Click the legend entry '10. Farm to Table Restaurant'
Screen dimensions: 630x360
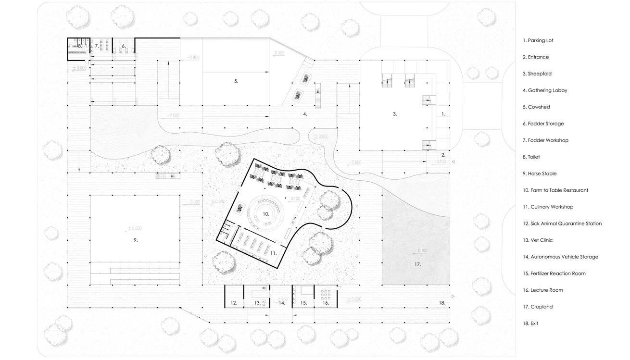tap(555, 190)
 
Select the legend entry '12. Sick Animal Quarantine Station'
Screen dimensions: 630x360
tap(562, 223)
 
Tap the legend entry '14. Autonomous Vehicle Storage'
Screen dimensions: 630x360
tap(560, 257)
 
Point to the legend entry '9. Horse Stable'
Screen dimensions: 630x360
tap(539, 174)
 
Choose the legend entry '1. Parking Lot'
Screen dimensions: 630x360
tap(538, 40)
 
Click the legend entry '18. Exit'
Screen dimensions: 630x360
tap(530, 323)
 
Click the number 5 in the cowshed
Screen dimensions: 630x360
tap(236, 81)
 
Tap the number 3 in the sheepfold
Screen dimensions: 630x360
tap(395, 114)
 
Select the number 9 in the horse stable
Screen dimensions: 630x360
tap(136, 240)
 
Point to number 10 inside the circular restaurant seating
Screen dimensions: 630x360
tap(265, 213)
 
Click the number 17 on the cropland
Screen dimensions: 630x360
tap(417, 264)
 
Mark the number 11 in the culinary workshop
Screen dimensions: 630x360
tap(273, 253)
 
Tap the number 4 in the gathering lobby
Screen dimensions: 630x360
tap(305, 114)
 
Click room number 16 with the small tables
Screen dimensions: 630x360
tap(326, 303)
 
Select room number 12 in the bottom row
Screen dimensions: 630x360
tap(234, 303)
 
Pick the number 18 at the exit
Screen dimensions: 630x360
tap(442, 303)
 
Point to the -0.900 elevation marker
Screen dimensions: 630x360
tap(193, 58)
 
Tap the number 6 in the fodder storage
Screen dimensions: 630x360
tap(124, 46)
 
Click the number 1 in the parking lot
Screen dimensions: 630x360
tap(443, 114)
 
